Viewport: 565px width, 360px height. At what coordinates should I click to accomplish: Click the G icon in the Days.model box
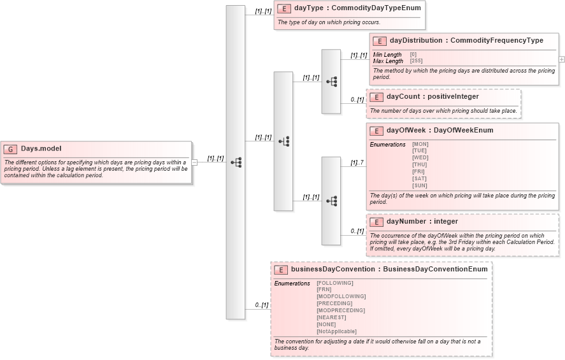click(x=10, y=149)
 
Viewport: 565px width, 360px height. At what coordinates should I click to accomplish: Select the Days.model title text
click(x=41, y=149)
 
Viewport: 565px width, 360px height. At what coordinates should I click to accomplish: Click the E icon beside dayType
click(x=284, y=9)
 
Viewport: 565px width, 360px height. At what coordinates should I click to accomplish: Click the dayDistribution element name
click(x=417, y=41)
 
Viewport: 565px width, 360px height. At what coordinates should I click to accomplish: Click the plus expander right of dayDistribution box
click(x=561, y=59)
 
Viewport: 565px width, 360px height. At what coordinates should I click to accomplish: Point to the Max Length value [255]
click(x=416, y=61)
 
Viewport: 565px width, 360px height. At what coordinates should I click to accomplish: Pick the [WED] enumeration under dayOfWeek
click(x=420, y=157)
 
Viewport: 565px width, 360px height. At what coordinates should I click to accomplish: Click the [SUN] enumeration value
click(x=420, y=185)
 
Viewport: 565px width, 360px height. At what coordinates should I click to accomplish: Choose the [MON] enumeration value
click(x=420, y=144)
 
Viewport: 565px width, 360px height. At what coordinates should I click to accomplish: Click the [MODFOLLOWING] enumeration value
click(x=341, y=296)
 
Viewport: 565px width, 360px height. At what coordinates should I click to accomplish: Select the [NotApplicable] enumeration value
click(x=336, y=331)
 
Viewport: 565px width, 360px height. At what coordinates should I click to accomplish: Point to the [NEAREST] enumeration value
click(x=331, y=317)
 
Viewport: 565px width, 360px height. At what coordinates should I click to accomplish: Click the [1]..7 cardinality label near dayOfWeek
click(x=357, y=162)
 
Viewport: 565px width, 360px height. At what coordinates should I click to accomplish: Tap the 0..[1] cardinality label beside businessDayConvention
click(x=261, y=305)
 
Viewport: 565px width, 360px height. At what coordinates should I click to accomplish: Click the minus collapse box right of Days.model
click(x=195, y=162)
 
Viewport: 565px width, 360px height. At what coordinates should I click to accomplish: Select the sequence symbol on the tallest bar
click(x=236, y=162)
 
